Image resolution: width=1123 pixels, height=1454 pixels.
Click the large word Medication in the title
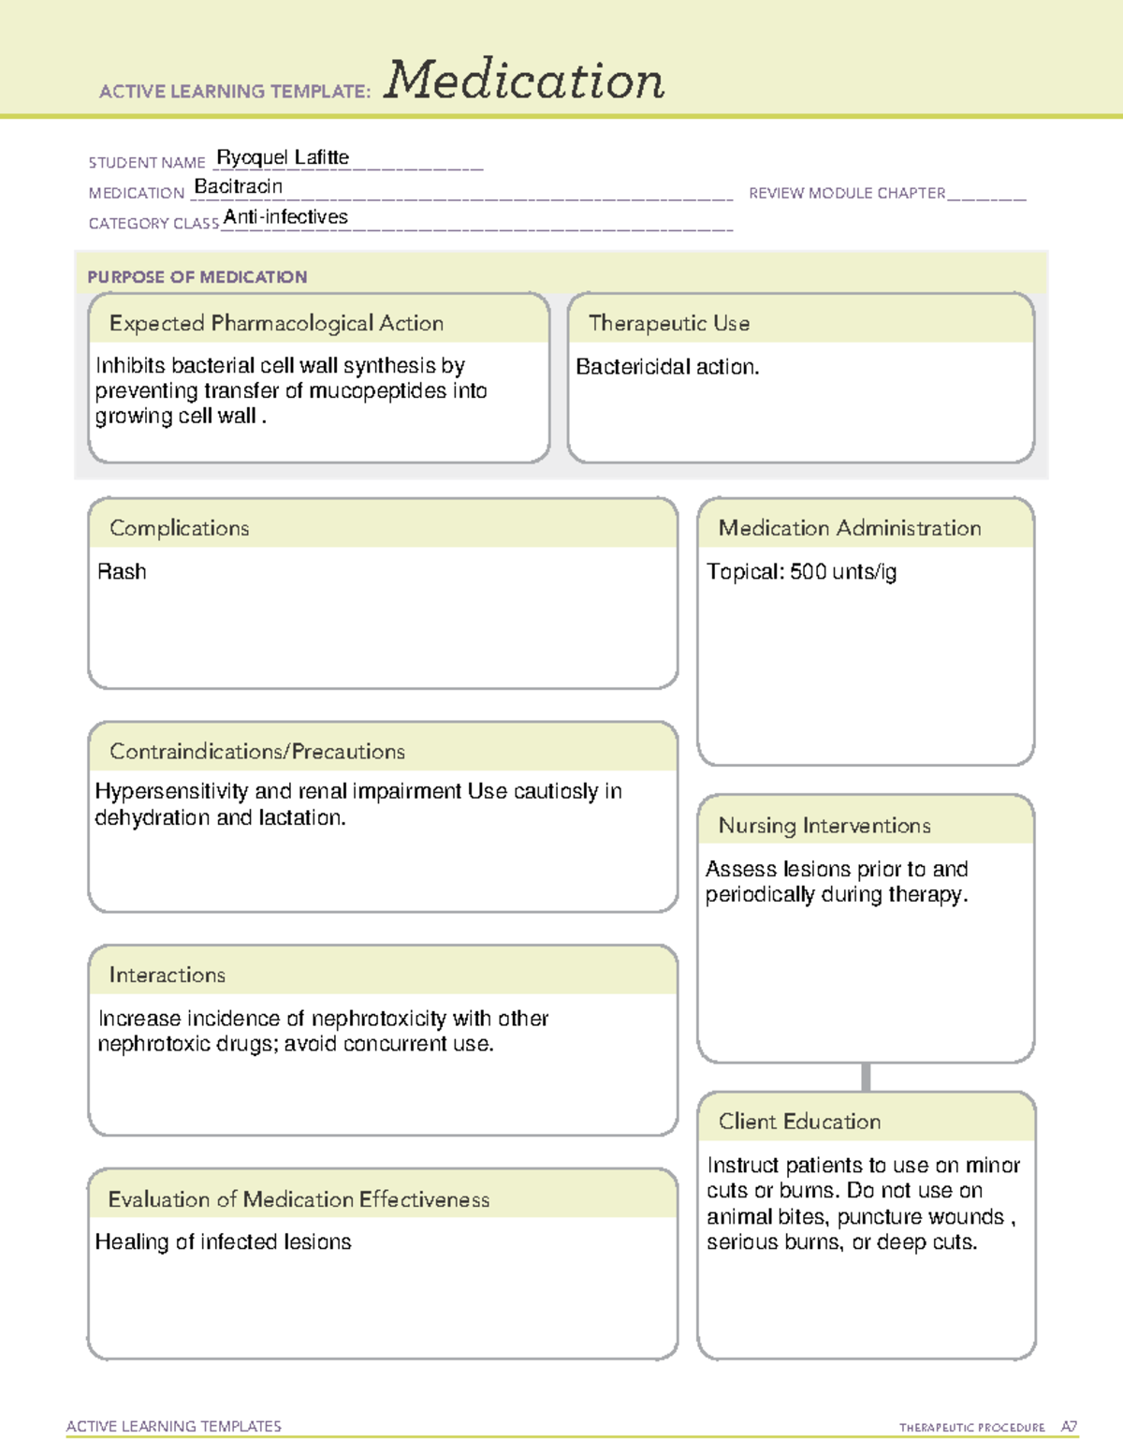(x=524, y=81)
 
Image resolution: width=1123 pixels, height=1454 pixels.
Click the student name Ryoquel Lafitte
(x=283, y=157)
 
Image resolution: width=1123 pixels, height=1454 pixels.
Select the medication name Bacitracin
(x=238, y=186)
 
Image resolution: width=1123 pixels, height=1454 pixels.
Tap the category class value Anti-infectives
(x=285, y=217)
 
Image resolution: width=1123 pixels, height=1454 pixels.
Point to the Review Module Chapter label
(x=847, y=193)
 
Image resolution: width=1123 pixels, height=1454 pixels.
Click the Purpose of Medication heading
(x=197, y=277)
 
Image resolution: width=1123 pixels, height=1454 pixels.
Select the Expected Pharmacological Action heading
(x=276, y=323)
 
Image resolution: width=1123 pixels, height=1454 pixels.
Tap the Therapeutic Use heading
(x=668, y=323)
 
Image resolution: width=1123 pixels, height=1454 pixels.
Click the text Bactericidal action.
(x=666, y=367)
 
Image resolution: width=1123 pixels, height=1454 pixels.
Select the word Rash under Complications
(x=122, y=572)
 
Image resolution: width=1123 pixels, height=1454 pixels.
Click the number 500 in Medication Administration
(x=808, y=572)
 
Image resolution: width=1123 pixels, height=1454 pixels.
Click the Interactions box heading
(x=167, y=976)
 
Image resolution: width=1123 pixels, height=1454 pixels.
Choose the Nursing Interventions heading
(x=824, y=826)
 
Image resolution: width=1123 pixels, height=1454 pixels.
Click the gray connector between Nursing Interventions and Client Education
(x=866, y=1077)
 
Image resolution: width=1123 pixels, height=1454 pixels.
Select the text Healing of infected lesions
(x=223, y=1242)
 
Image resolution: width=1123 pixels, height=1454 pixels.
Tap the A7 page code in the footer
(x=1068, y=1427)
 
